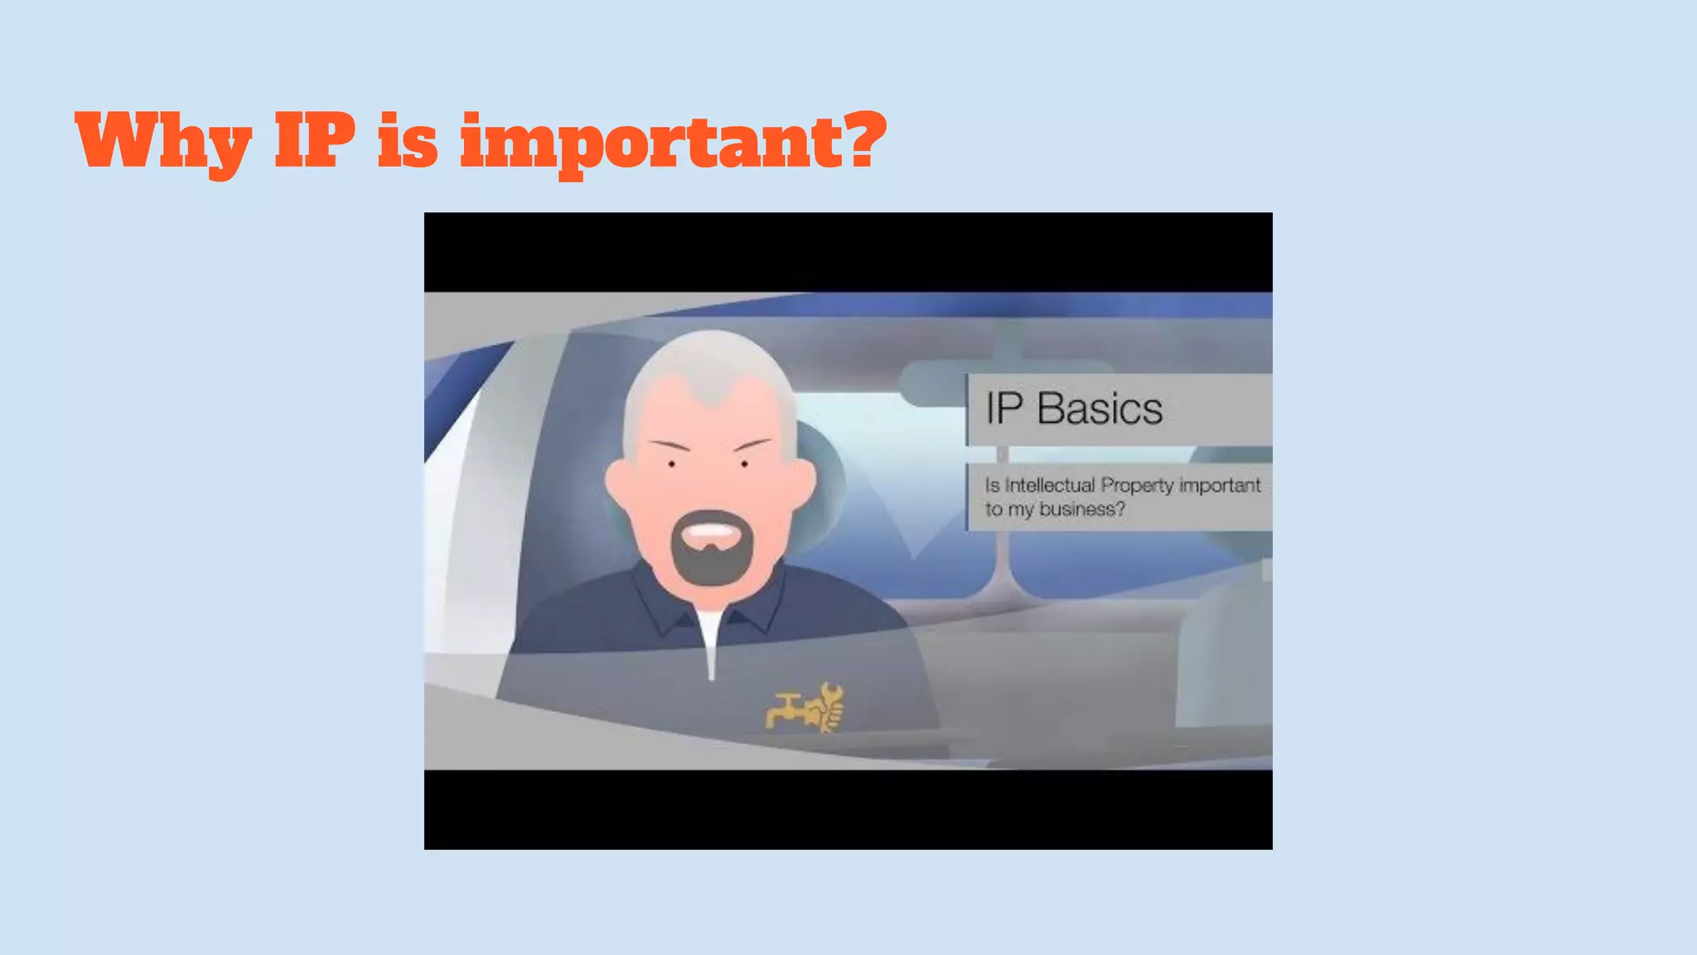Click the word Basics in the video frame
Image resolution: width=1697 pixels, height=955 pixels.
point(1100,409)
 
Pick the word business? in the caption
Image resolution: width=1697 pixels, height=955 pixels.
point(1082,509)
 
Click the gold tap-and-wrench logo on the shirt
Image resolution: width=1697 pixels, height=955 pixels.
point(805,709)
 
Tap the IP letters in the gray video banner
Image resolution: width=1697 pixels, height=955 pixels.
point(1004,409)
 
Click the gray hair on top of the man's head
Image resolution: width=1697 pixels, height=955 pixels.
point(710,356)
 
